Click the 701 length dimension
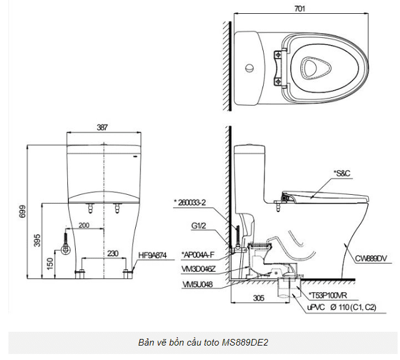click(300, 8)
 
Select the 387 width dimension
click(102, 127)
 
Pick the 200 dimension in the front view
click(83, 225)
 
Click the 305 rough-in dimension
click(259, 297)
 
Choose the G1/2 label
click(198, 226)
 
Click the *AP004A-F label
click(198, 255)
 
